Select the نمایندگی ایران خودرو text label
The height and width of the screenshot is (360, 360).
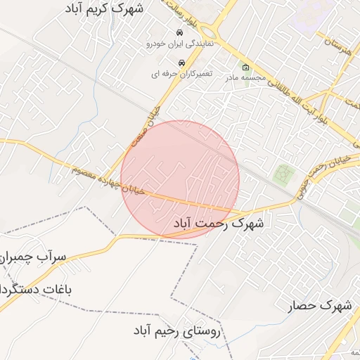point(179,44)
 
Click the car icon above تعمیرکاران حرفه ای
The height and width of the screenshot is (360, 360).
point(181,63)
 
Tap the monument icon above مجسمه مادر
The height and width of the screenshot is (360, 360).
point(245,67)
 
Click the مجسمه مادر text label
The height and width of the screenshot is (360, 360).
point(245,78)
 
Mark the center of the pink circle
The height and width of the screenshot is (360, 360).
point(180,179)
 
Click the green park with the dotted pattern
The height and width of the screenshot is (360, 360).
point(283,174)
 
